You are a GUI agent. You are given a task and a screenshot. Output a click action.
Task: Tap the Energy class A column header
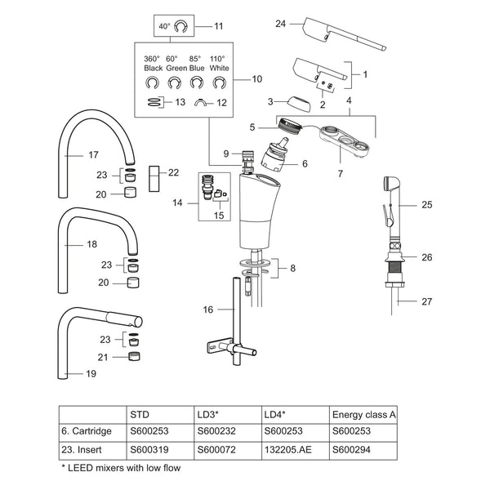363,415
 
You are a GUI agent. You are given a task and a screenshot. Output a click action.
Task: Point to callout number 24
280,24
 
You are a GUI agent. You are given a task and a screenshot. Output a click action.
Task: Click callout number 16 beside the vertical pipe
207,310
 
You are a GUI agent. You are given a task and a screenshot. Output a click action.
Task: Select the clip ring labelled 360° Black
152,83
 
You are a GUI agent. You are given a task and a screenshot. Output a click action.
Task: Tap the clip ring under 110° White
220,83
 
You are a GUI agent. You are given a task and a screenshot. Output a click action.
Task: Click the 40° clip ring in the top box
180,27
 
